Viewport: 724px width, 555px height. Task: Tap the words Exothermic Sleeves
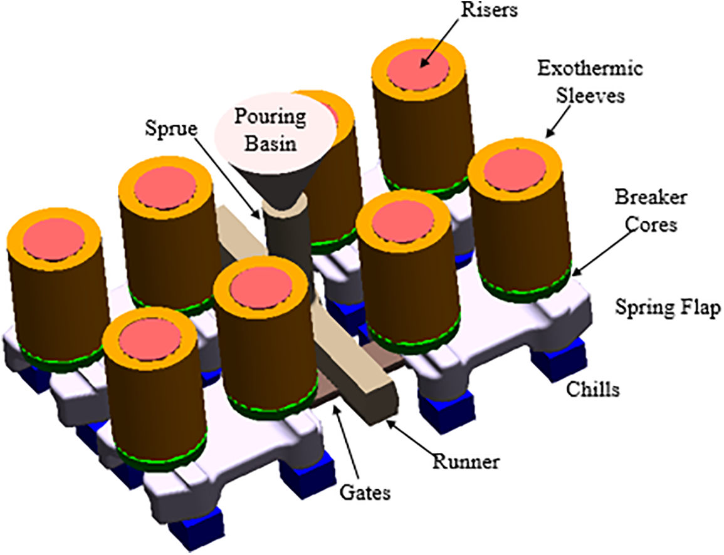click(589, 81)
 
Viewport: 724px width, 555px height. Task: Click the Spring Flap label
click(666, 308)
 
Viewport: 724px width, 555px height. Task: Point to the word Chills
click(592, 389)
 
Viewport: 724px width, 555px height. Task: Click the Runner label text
click(466, 462)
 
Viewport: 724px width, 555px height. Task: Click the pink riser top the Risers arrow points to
click(418, 68)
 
